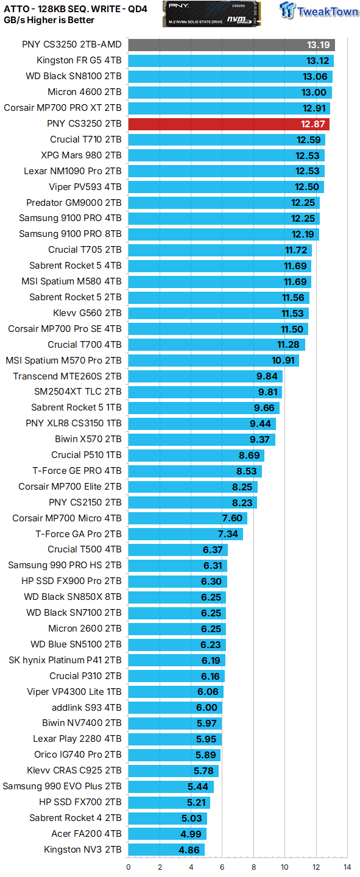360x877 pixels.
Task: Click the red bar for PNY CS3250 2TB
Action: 228,124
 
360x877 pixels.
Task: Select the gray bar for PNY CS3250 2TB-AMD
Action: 231,44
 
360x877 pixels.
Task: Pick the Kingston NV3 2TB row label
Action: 82,850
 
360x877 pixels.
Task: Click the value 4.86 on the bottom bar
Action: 190,850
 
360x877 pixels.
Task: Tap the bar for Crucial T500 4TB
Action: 177,549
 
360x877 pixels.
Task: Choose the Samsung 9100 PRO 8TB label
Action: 70,234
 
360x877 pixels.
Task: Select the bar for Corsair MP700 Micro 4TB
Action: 187,518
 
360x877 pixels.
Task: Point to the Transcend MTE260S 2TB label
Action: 67,376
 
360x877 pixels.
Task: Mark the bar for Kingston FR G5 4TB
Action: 230,60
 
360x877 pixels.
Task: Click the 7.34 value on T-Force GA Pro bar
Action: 229,534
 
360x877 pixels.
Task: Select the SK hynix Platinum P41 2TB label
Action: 65,660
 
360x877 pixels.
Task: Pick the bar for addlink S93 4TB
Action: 175,708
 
